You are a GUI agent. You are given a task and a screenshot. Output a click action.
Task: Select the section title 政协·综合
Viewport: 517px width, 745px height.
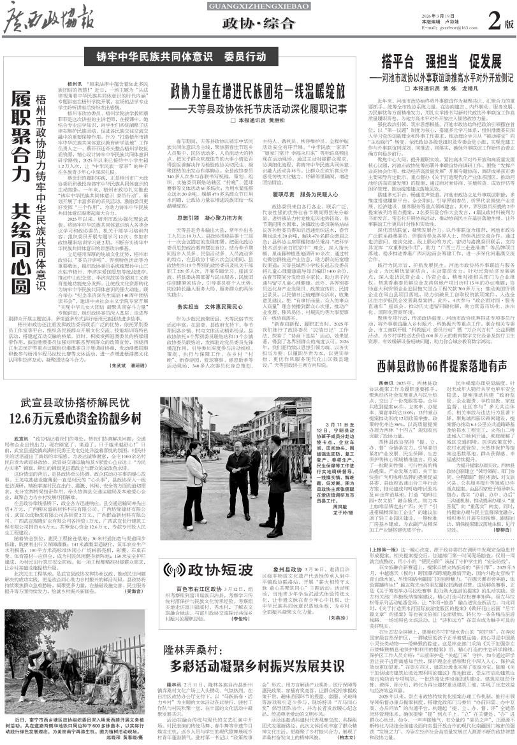pyautogui.click(x=258, y=25)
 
